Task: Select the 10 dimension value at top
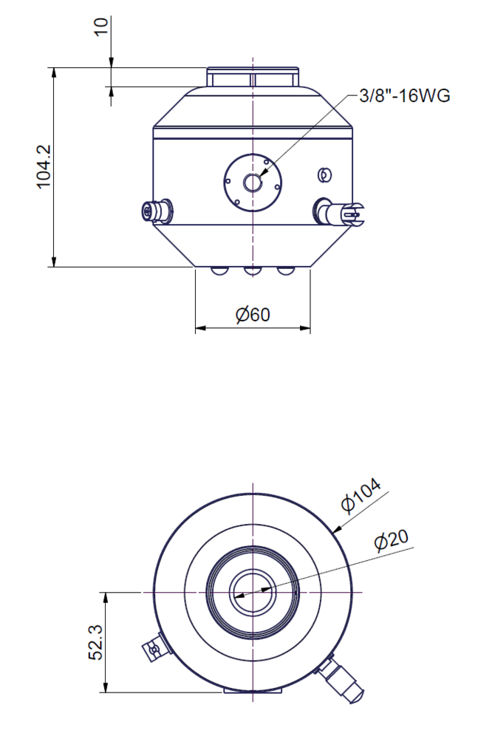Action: (x=101, y=27)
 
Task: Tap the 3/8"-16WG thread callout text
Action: (x=404, y=95)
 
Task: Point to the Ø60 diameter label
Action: (x=253, y=314)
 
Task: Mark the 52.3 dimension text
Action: (x=96, y=642)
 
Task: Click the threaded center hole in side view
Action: (x=253, y=183)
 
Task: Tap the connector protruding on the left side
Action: (x=157, y=211)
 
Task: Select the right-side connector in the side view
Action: (x=339, y=211)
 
